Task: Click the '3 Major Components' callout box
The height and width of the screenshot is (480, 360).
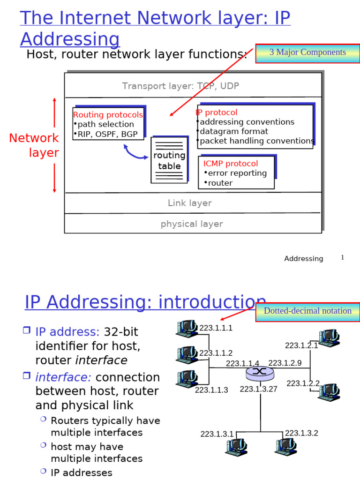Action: (307, 52)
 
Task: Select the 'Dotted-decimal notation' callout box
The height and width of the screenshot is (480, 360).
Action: (307, 311)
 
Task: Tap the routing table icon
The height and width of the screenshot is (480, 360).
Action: (169, 160)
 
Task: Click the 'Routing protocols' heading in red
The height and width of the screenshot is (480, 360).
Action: (108, 115)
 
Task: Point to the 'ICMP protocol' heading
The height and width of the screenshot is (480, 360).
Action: (230, 164)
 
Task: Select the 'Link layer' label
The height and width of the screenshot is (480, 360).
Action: (190, 203)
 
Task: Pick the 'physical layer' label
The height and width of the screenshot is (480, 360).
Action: (192, 224)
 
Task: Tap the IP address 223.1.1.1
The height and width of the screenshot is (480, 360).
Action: (216, 328)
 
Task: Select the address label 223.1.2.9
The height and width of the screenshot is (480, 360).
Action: (285, 363)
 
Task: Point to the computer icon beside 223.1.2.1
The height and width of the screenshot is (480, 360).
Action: (329, 337)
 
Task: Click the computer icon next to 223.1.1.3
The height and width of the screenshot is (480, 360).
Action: (187, 379)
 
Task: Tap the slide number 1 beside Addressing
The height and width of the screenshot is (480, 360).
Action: (342, 258)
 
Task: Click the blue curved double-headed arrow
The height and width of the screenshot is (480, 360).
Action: (135, 152)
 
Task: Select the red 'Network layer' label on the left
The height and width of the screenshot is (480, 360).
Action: (34, 145)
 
